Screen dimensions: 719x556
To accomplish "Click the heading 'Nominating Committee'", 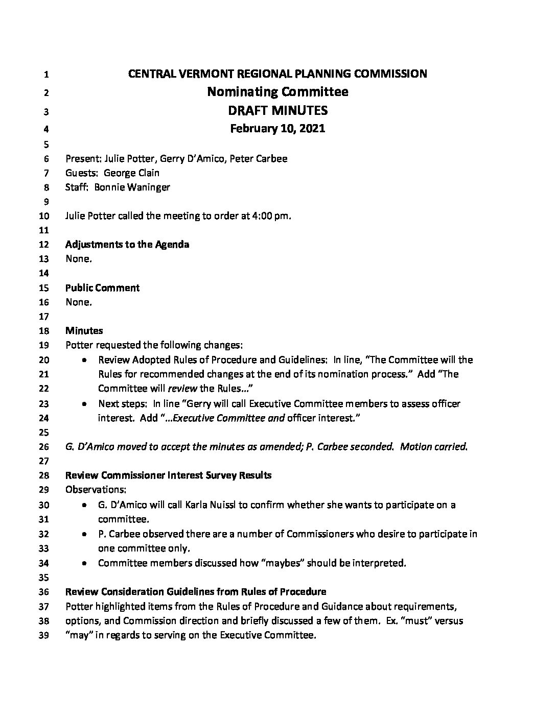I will tap(277, 92).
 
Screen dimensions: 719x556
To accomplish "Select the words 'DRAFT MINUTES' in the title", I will tap(277, 110).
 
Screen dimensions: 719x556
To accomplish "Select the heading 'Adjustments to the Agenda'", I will tap(127, 244).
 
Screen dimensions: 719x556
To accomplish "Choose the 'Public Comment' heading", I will tap(102, 287).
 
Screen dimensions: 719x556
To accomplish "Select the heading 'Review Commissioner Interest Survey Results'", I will tap(169, 475).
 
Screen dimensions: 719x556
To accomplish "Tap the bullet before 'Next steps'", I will tap(84, 403).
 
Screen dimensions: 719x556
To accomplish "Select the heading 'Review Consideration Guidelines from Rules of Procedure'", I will tap(196, 592).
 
